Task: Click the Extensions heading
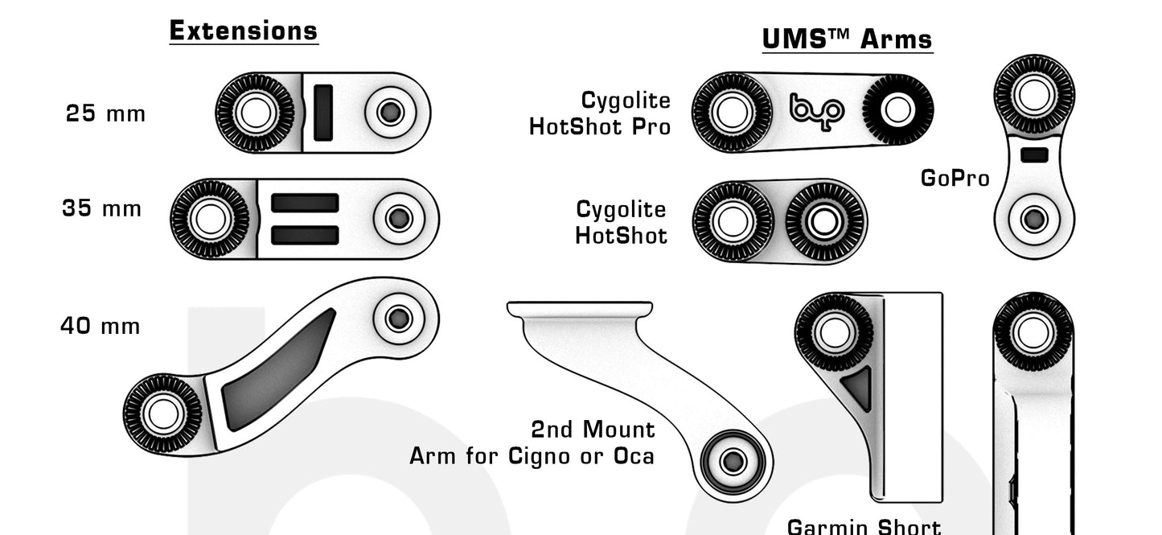[244, 31]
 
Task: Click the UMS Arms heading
[848, 39]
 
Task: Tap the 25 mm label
[105, 113]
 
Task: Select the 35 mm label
[101, 208]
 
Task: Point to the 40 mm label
[101, 326]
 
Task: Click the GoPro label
[955, 178]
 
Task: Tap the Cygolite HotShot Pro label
[600, 113]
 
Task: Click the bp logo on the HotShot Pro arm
[816, 109]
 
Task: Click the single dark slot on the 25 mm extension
[322, 113]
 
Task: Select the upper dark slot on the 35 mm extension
[304, 203]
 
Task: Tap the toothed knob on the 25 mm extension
[256, 113]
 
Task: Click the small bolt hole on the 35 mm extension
[398, 218]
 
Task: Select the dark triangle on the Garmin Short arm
[858, 387]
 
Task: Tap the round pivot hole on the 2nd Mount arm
[732, 461]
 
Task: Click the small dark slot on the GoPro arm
[1033, 154]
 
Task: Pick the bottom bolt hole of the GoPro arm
[1033, 218]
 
